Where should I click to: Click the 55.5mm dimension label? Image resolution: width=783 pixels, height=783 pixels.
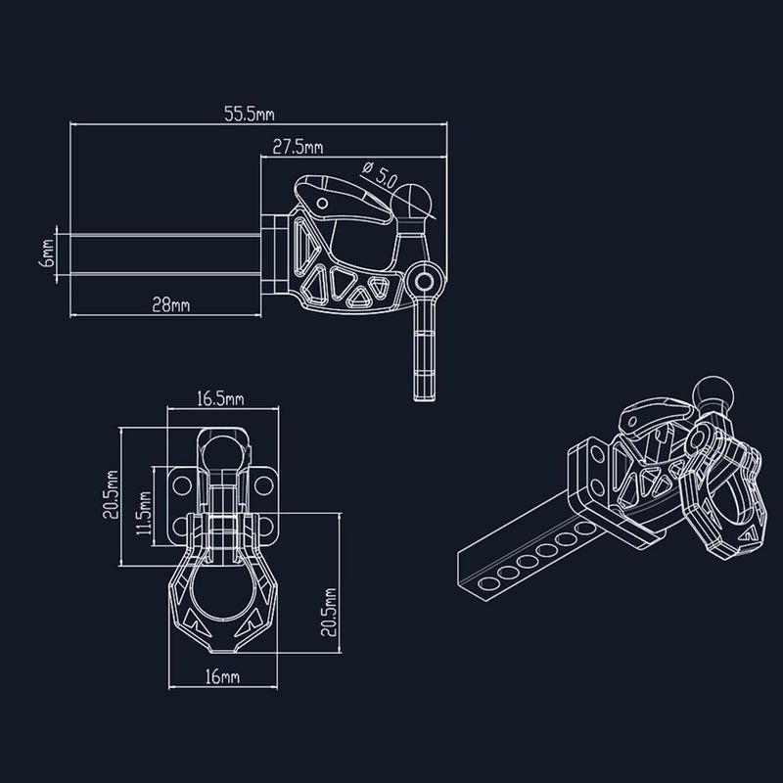(x=250, y=114)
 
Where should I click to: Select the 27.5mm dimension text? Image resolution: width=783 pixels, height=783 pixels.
(x=298, y=147)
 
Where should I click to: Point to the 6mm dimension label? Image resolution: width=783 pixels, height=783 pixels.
(x=47, y=253)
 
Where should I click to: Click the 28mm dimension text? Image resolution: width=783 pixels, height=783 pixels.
(x=170, y=304)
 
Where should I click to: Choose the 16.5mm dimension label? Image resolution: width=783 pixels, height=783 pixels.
(x=220, y=398)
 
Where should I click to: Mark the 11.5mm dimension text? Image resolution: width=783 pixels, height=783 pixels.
(x=144, y=513)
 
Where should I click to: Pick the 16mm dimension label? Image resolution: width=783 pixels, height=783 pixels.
(x=222, y=676)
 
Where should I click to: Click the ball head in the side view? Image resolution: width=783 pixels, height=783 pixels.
(x=413, y=200)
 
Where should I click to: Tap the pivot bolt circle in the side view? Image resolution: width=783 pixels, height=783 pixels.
(x=425, y=282)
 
